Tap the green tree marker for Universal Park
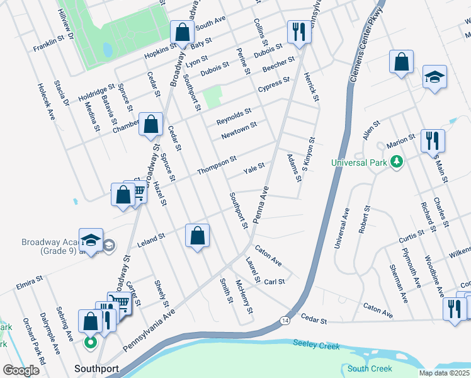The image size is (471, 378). pos(396,163)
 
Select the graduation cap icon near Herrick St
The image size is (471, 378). pos(434,77)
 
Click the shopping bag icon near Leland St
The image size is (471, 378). pos(198,236)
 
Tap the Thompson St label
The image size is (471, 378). pos(216,166)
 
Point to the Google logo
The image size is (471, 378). pos(21,370)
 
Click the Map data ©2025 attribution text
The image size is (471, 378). pos(443,373)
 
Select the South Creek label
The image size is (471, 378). pos(370,369)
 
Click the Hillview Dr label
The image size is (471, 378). pos(65,21)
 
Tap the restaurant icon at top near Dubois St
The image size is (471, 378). pos(297,31)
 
